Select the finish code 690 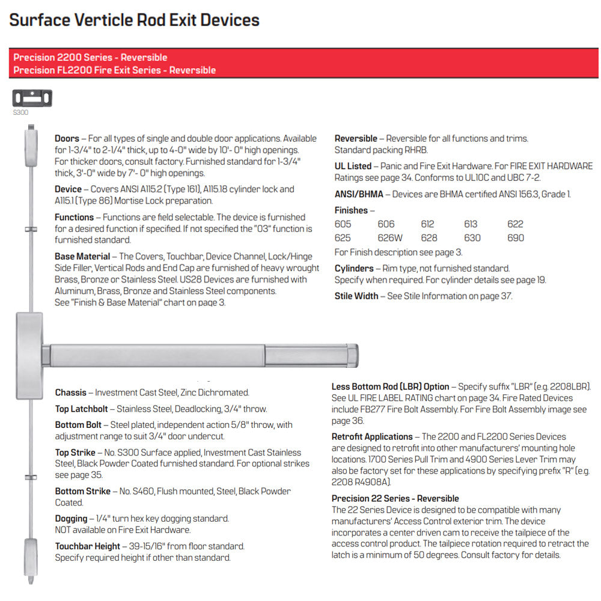(x=516, y=238)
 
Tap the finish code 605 (x=343, y=224)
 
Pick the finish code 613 (x=471, y=224)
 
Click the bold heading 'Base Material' (x=82, y=257)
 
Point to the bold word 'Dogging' (x=72, y=519)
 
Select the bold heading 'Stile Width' (x=356, y=296)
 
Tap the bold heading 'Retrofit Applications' (x=372, y=437)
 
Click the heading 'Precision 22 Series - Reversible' (x=395, y=499)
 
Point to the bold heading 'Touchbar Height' (x=88, y=547)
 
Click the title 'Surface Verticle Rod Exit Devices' (x=135, y=20)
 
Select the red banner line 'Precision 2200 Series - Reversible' (x=90, y=58)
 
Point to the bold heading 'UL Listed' (x=353, y=166)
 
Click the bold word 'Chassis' (x=71, y=393)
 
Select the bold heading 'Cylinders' (x=354, y=269)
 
